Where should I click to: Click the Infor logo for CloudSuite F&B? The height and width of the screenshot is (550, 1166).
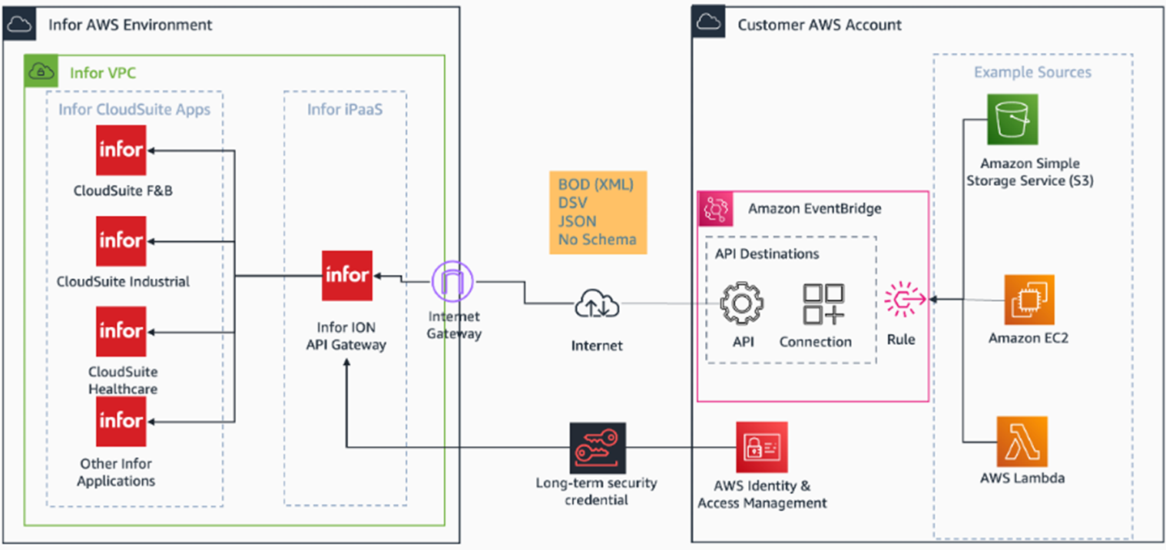[121, 150]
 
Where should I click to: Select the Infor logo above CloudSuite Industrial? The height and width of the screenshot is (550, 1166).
[121, 240]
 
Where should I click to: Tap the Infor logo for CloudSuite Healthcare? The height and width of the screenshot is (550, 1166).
[121, 331]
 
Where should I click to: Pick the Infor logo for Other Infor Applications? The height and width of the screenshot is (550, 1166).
[121, 421]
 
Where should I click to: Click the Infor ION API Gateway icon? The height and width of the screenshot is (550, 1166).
[347, 275]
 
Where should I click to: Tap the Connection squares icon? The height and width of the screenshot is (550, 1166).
[823, 304]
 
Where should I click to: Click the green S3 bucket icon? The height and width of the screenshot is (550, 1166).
[1012, 119]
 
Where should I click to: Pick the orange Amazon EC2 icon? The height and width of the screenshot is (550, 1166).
[1029, 300]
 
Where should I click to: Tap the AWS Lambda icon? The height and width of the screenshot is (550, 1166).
[1022, 441]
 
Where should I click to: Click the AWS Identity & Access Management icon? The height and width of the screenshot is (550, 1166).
[761, 446]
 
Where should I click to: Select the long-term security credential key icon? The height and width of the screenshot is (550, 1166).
[598, 447]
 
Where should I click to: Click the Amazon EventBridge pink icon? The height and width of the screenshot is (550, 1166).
[715, 209]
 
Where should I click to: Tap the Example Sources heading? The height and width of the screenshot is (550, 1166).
[1032, 72]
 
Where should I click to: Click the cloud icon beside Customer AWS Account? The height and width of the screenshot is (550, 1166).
[709, 23]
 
